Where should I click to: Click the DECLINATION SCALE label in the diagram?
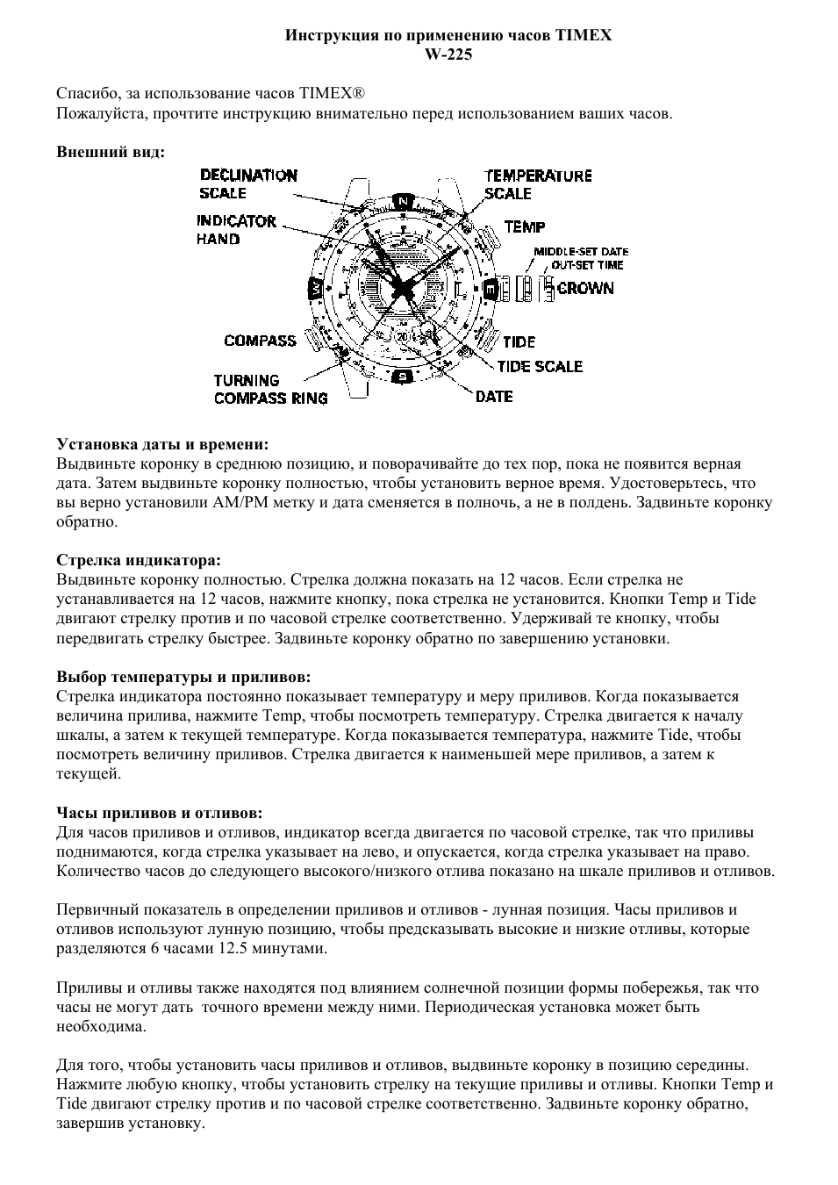[x=248, y=184]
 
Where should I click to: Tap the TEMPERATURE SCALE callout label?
[x=538, y=184]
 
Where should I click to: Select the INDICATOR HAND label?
[x=236, y=230]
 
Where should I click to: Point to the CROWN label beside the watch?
[x=585, y=289]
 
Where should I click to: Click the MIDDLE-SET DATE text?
[x=581, y=252]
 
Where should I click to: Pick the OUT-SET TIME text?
[x=587, y=264]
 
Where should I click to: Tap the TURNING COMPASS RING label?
[x=270, y=390]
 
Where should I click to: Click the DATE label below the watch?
[x=494, y=397]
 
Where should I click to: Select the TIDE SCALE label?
[x=540, y=366]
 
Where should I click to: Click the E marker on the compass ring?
[x=491, y=289]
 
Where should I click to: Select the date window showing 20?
[x=403, y=337]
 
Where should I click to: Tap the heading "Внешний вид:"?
[x=111, y=152]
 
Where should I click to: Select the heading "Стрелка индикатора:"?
[x=139, y=560]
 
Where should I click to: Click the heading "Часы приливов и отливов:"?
[x=160, y=813]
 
